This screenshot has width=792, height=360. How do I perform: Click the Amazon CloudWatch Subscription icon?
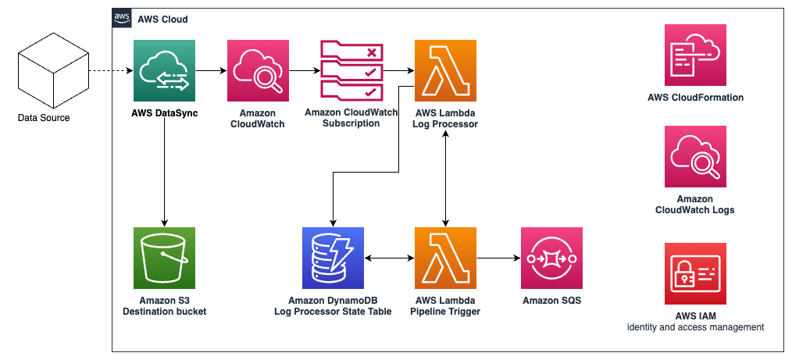(351, 71)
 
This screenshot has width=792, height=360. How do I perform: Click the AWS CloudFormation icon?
(695, 55)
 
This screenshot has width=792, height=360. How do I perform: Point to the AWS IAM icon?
(695, 274)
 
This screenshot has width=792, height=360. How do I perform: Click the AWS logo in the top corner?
(122, 19)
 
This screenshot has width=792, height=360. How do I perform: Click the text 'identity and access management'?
(695, 326)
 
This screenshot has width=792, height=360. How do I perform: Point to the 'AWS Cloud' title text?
(162, 19)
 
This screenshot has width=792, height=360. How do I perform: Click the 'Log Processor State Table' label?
(333, 312)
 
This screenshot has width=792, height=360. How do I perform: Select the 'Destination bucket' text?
(164, 312)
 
